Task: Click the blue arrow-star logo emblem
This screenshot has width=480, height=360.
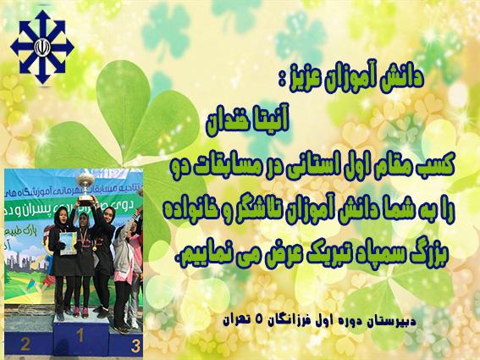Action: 42,47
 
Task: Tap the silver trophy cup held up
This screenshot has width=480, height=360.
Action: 86,188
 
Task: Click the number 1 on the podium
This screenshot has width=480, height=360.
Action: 80,335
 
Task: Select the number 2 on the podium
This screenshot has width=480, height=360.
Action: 25,344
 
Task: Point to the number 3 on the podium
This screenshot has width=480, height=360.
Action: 135,346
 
